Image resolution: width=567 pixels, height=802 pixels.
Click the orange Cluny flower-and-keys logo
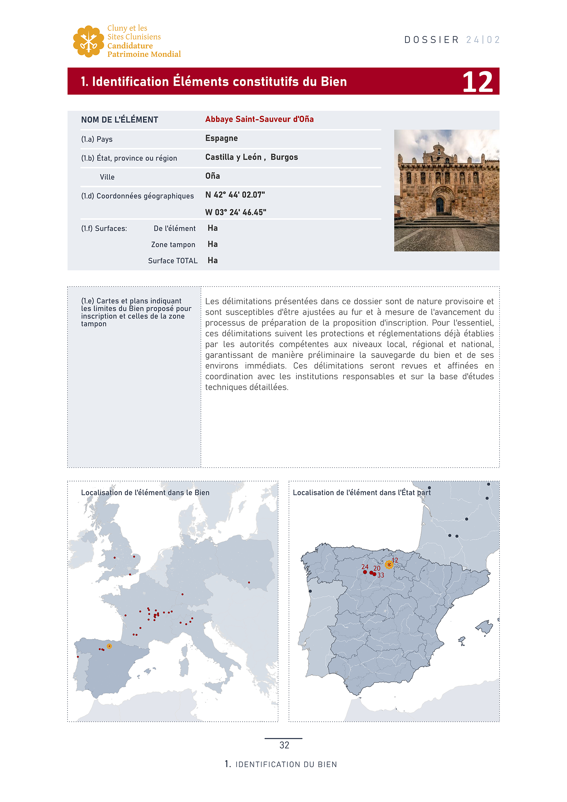88,41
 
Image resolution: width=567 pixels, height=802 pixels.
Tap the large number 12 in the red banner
477,82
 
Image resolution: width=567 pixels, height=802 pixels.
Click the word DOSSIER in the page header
432,40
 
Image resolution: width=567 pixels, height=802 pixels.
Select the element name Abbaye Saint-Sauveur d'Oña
259,119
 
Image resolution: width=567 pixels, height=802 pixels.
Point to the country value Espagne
221,138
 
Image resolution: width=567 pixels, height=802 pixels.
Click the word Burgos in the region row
284,157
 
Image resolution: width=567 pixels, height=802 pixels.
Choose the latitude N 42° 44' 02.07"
235,195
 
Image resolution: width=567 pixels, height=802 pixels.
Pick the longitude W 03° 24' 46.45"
236,212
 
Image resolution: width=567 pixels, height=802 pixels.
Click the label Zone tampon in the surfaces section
173,244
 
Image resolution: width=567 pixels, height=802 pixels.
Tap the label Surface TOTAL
173,261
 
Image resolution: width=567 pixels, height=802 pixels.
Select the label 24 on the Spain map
365,566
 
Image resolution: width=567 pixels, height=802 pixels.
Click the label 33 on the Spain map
381,575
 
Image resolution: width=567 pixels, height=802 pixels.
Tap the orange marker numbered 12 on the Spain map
389,564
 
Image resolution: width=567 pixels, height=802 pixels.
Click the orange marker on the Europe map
109,646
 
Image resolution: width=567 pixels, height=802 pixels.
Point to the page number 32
284,745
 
